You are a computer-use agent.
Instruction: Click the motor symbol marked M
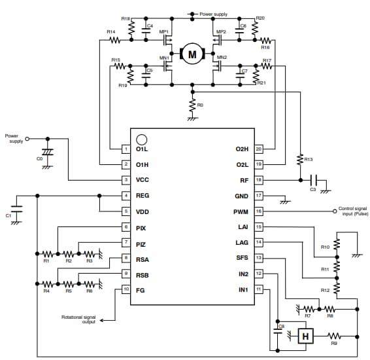point(192,54)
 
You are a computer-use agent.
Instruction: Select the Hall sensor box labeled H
point(304,336)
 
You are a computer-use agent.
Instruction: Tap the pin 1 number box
point(126,149)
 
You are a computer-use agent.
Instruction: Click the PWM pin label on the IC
point(240,211)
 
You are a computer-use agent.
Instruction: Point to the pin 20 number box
point(258,149)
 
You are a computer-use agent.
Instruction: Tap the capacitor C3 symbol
point(313,180)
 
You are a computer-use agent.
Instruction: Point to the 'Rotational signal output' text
point(78,319)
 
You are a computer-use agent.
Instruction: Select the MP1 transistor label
point(165,31)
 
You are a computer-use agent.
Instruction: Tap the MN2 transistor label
point(222,58)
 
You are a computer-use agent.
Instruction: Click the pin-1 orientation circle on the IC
point(141,139)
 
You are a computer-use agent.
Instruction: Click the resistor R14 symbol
point(115,39)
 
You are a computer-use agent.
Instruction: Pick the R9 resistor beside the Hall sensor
point(335,336)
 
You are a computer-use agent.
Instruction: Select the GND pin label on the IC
point(240,196)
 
